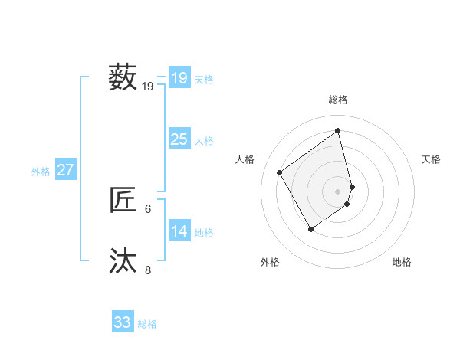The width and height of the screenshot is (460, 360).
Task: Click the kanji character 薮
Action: tap(123, 77)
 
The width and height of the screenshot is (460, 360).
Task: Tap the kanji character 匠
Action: tap(123, 200)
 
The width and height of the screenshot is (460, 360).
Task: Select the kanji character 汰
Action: tap(123, 261)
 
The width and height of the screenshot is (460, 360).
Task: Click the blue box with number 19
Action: tap(179, 77)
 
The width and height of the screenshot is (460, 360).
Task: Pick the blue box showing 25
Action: tap(179, 139)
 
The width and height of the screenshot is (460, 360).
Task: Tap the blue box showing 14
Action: tap(179, 231)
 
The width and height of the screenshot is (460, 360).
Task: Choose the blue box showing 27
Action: tap(65, 170)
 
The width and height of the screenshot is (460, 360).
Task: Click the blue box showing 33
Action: tap(123, 322)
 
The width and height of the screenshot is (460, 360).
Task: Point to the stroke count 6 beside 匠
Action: tap(148, 208)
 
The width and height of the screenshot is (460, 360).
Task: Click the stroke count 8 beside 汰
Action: tap(148, 270)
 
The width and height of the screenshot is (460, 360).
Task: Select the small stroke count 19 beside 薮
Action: tap(148, 87)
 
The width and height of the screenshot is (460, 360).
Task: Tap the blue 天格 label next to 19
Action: tap(204, 79)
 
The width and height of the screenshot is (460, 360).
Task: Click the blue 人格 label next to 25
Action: tap(204, 141)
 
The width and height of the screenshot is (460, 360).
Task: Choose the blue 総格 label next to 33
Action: tap(147, 324)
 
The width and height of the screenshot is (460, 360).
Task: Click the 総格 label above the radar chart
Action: tap(338, 100)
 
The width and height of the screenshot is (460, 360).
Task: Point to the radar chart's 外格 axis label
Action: tap(270, 262)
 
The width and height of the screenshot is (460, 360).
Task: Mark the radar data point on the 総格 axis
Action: tap(338, 130)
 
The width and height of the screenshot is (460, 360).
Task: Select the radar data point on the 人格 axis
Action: tap(280, 172)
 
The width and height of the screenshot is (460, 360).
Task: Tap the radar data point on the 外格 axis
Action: tap(310, 228)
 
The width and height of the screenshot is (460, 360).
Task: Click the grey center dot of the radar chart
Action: tap(338, 191)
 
